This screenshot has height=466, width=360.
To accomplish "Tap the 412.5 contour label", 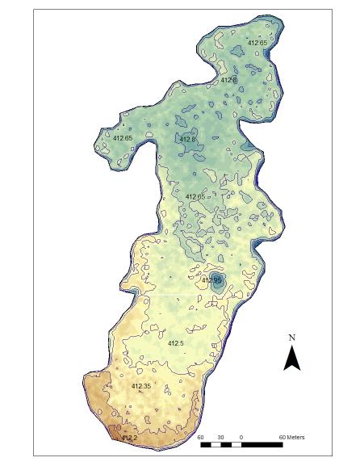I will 176,344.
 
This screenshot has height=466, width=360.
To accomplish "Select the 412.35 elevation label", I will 141,387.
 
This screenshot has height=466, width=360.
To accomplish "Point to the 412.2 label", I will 128,439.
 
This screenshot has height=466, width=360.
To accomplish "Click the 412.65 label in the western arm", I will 122,138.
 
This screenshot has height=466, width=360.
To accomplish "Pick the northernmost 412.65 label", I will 257,43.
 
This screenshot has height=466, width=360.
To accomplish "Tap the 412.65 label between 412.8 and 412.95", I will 195,197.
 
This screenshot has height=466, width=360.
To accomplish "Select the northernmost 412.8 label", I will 228,80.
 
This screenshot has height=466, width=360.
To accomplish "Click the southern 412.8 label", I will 187,139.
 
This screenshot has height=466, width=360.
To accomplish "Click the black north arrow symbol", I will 292,357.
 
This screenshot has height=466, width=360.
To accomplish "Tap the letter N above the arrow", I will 292,338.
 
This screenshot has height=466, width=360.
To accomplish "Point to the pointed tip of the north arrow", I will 292,346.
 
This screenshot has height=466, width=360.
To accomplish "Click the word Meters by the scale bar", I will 292,438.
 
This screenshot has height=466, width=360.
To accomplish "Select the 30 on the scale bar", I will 220,438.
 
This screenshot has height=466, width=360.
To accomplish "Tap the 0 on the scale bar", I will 241,438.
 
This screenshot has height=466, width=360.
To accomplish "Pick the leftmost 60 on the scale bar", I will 201,438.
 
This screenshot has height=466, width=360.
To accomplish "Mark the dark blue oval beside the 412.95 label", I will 217,283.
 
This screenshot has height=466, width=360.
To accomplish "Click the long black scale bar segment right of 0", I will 262,444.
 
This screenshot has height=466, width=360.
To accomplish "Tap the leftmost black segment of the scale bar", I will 206,444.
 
